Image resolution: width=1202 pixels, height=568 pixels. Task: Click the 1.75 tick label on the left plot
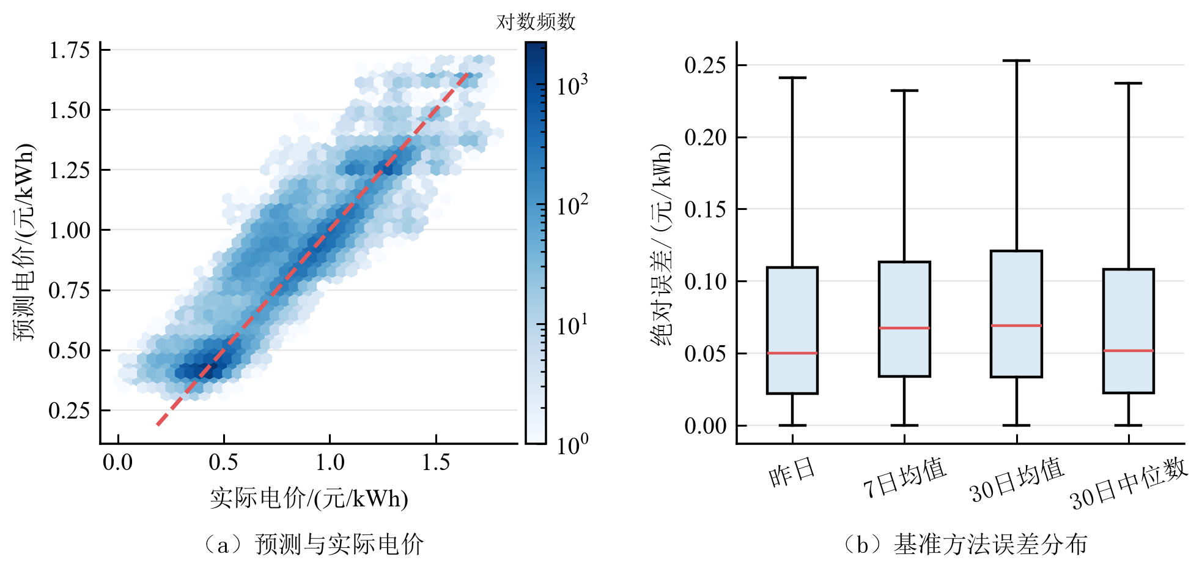point(70,50)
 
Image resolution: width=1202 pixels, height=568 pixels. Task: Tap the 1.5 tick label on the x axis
point(436,462)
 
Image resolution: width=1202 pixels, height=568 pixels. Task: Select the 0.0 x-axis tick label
point(118,462)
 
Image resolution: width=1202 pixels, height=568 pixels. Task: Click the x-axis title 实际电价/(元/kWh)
point(309,498)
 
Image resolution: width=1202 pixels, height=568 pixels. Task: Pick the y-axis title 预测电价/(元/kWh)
point(24,242)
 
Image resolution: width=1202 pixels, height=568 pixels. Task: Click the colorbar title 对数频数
point(536,22)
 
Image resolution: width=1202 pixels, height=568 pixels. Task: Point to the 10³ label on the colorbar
point(572,85)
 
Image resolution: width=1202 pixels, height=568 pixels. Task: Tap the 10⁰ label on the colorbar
point(572,444)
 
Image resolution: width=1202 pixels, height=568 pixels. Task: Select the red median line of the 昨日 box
point(792,353)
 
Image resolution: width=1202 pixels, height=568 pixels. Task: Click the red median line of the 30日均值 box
point(1017,326)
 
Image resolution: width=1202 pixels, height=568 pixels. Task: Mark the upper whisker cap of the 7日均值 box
point(904,91)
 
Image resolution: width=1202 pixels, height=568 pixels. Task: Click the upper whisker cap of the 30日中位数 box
point(1129,83)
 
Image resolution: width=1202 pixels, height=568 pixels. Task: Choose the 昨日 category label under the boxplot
point(792,473)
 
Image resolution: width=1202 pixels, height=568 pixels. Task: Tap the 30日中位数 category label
point(1129,484)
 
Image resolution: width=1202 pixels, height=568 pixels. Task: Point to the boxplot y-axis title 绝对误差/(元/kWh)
point(662,245)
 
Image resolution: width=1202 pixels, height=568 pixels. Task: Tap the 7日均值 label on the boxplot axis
point(904,478)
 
